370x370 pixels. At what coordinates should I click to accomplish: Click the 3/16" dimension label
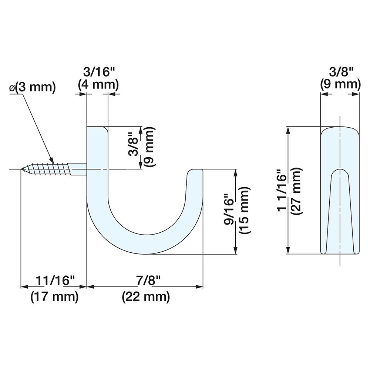coord(98,72)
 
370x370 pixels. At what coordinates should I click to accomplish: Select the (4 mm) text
coord(98,85)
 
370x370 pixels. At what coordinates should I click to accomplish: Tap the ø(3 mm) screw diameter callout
coord(32,88)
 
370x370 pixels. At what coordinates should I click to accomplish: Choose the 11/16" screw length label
coord(55,280)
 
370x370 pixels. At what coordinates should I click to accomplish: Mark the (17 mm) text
coord(54,297)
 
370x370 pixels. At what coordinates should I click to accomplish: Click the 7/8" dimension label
coord(145,280)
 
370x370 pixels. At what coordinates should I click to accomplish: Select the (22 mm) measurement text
coord(145,297)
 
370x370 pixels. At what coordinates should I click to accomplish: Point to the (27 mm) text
coord(297,191)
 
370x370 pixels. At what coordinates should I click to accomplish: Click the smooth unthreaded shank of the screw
coord(79,170)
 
